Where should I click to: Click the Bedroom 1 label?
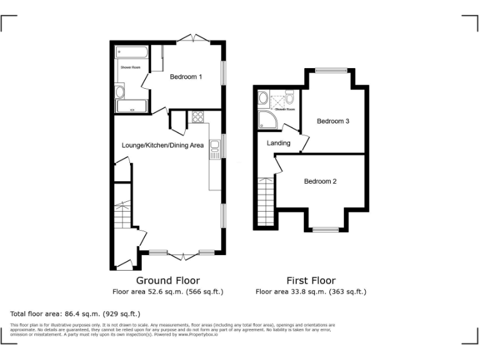point(186,77)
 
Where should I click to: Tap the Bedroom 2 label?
point(320,181)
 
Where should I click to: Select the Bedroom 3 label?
point(332,121)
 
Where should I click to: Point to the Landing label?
point(278,143)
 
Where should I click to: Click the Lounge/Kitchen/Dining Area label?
point(162,145)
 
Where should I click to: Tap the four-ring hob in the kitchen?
point(198,116)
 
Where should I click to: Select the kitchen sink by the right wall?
point(214,147)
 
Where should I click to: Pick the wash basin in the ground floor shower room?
point(120,92)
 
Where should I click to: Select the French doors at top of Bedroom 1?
point(192,40)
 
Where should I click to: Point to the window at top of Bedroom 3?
point(329,70)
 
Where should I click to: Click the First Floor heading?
point(311,281)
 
